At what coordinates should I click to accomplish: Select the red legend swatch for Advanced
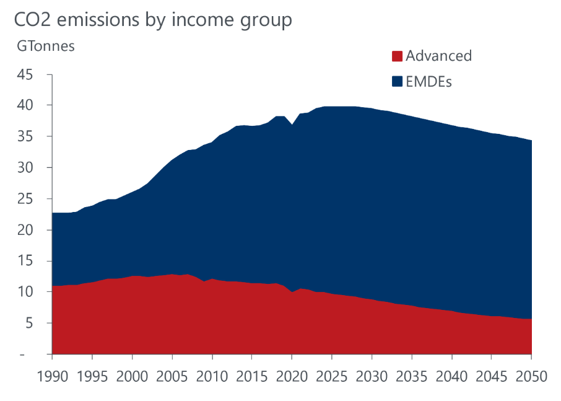coord(397,56)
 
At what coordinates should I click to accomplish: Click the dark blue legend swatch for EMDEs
coord(397,82)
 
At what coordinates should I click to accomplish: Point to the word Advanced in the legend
coord(438,56)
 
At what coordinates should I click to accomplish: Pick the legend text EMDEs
coord(428,82)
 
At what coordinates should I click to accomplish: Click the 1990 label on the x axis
coord(53,376)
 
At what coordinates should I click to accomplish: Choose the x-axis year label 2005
coord(172,376)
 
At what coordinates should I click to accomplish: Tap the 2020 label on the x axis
coord(292,376)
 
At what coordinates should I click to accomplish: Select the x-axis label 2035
coord(412,376)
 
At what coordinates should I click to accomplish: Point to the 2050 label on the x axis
coord(531,376)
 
